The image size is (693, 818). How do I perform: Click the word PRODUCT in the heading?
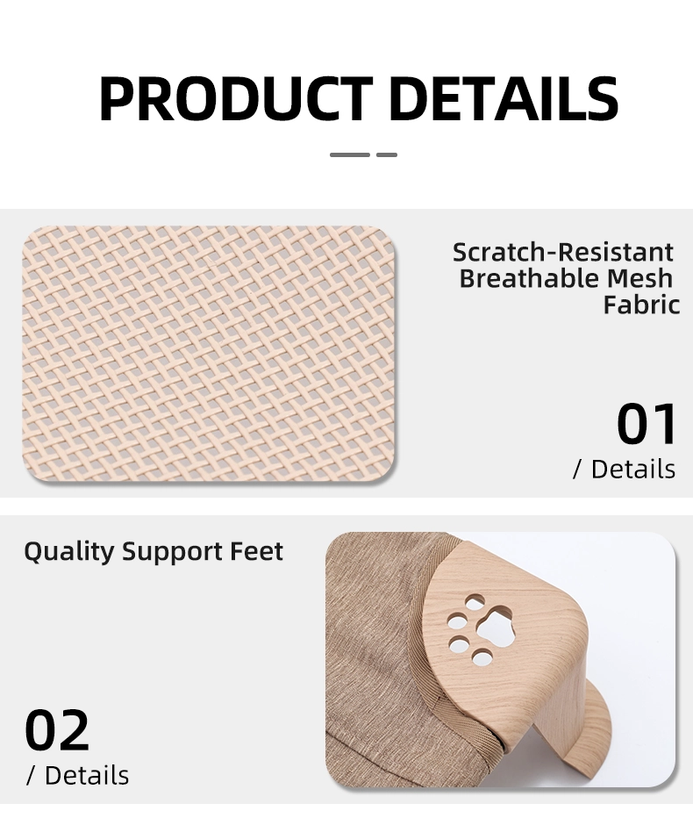236,98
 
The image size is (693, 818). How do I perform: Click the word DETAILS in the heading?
504,98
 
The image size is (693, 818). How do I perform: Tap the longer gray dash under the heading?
349,155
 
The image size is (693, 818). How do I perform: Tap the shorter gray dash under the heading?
386,155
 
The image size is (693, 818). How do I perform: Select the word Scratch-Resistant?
562,253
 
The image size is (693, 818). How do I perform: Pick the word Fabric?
641,305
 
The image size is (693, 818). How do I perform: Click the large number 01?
647,423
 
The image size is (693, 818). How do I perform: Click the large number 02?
57,730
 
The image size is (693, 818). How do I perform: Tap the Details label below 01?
624,469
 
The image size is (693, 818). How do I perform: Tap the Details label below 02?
77,775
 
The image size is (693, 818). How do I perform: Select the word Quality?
69,552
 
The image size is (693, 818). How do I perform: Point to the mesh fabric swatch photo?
209,353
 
